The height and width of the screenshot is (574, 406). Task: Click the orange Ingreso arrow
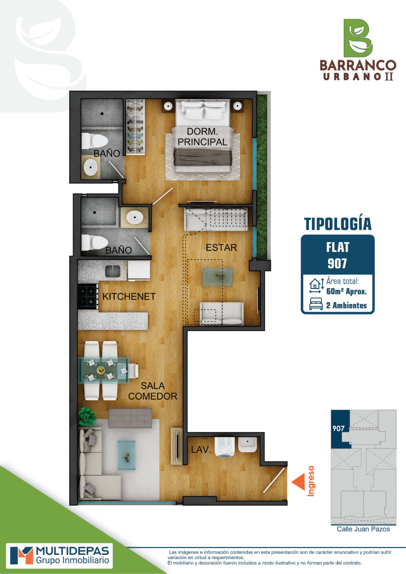(298, 482)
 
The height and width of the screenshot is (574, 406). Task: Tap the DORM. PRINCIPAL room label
(202, 137)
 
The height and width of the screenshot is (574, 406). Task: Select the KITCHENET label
(129, 297)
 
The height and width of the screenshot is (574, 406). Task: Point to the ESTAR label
(221, 248)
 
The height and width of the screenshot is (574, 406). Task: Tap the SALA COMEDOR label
(152, 391)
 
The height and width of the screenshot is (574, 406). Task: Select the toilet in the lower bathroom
(95, 243)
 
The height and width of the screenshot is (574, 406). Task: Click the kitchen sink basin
(112, 271)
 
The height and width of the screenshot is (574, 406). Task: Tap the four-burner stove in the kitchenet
(88, 296)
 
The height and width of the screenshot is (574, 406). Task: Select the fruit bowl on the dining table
(100, 370)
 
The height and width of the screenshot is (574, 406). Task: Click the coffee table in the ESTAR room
(218, 277)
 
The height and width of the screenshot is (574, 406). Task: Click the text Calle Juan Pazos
(363, 529)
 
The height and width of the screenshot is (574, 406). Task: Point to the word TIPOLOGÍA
(338, 224)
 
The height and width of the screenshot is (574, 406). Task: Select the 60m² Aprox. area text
(347, 291)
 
